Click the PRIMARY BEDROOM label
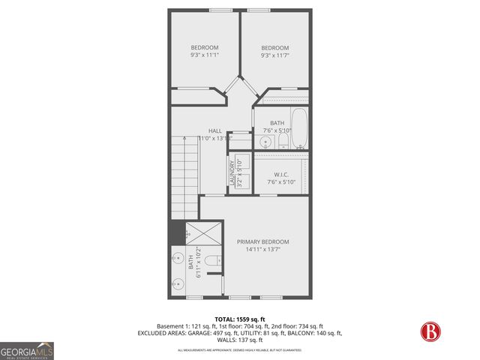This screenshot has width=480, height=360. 262,241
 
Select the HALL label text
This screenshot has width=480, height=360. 214,130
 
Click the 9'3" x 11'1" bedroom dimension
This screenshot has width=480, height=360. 204,55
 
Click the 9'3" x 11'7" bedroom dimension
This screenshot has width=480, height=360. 274,55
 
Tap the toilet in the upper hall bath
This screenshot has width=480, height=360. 282,139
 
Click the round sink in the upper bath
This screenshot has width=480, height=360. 265,141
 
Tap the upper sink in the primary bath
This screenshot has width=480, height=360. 178,257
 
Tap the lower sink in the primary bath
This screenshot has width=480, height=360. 178,284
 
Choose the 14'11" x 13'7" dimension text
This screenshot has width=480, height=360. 262,250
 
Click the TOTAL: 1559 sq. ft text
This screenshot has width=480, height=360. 240,318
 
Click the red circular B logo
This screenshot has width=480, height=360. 431,331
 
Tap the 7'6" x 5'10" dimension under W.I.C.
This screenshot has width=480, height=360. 282,182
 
